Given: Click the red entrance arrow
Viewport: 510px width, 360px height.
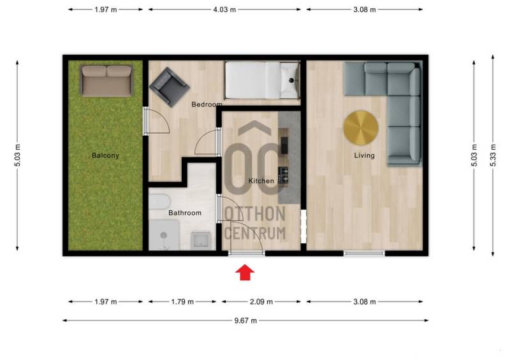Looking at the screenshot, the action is point(245,272).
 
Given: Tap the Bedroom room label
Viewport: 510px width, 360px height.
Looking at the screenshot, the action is point(207,104).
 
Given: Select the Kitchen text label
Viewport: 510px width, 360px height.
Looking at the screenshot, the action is point(261,181).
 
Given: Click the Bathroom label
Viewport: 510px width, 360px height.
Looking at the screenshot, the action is point(185,213).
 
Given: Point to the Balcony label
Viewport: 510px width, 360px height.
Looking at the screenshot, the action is point(105,155).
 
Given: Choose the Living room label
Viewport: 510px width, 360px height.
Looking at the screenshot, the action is point(364,155).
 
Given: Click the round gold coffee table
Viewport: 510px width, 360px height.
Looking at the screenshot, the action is point(361,128).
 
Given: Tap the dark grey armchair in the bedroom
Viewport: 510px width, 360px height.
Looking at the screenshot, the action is point(169,87).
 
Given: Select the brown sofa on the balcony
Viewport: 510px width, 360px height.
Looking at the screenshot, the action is point(106,81).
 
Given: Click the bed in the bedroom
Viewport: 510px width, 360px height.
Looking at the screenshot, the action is point(262,80).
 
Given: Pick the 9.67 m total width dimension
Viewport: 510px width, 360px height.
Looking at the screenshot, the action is point(245,320).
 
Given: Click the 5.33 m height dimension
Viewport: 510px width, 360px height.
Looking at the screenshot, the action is point(493,155).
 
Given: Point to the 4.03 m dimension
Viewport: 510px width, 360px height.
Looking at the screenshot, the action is point(224,10).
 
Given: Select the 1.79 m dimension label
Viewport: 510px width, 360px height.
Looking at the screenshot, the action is point(182,302).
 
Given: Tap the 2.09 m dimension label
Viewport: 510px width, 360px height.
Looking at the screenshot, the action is point(261,302).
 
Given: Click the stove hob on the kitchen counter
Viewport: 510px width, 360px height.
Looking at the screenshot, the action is point(283,175).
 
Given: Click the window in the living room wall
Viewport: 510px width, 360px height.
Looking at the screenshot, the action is point(364,254).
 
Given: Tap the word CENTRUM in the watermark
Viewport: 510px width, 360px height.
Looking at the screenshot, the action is point(255,233).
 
